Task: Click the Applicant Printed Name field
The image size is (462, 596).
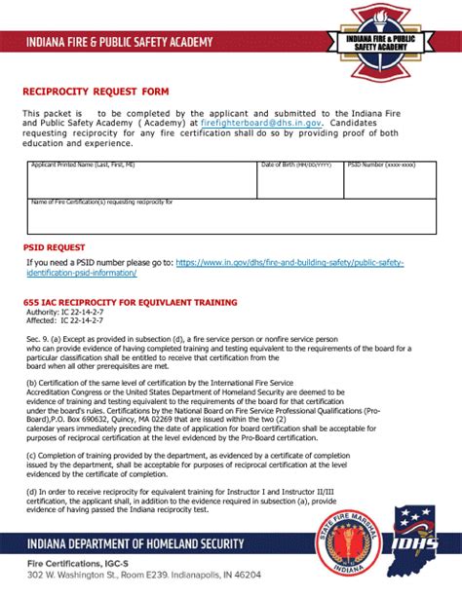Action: point(141,180)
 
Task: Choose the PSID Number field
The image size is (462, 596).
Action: point(387,180)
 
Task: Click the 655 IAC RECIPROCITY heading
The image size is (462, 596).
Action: point(130,302)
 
